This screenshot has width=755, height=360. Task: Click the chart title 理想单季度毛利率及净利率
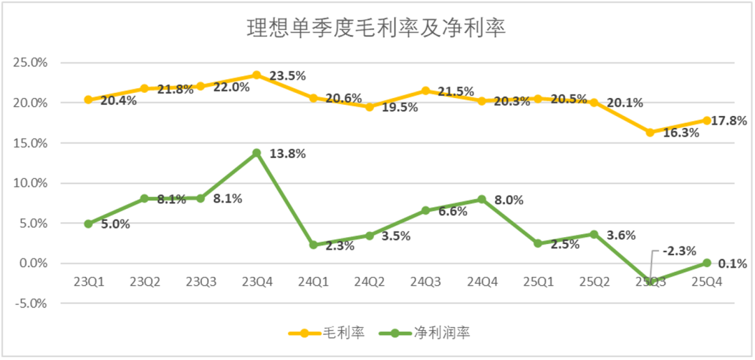coord(377,29)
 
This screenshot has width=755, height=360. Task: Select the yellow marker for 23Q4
coord(257,75)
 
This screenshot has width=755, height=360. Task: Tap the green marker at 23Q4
coord(257,152)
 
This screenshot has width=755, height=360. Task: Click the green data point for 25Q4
coord(707,263)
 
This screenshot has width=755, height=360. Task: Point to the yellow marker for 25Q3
coord(650,132)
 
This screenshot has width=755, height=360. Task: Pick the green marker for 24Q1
coord(313,245)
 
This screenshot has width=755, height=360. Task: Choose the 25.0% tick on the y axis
coord(30,62)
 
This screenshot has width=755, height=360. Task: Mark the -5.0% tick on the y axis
coord(30,304)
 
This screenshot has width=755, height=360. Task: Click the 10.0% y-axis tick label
coord(30,183)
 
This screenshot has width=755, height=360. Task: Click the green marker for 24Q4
coord(482,199)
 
